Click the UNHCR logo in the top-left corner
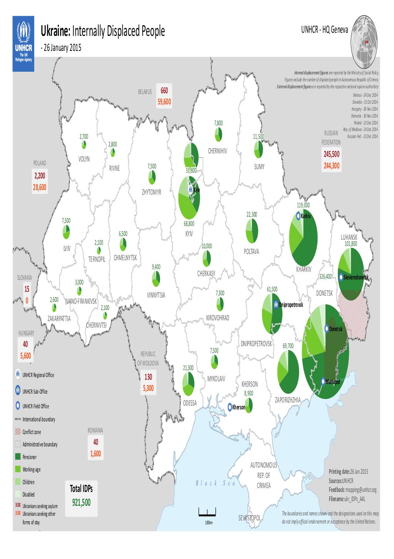click(23, 44)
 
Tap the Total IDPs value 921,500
click(81, 503)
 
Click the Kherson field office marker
click(230, 407)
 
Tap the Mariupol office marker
click(323, 381)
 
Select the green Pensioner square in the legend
click(18, 457)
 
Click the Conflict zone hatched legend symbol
click(18, 432)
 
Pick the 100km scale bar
click(207, 513)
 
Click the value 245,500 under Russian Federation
click(331, 155)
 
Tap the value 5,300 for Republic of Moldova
click(148, 388)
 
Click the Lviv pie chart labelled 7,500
click(66, 232)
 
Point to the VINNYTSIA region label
click(156, 295)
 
